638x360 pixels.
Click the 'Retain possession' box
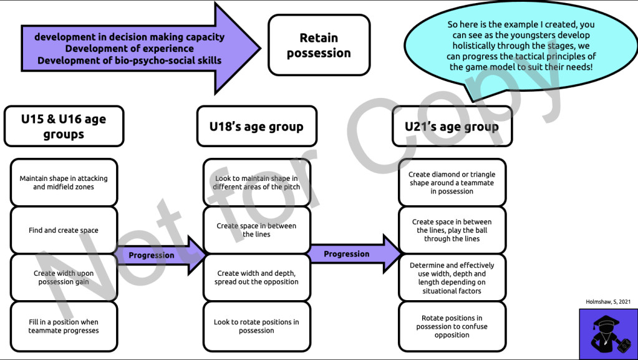[319, 46]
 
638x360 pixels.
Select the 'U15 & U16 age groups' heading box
[64, 127]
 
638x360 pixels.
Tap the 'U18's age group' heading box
[256, 127]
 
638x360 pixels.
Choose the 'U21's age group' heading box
[452, 127]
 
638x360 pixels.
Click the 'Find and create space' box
[64, 230]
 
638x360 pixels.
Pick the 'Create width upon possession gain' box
[64, 278]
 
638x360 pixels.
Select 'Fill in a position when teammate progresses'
[64, 326]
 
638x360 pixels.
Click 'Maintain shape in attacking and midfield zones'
[64, 182]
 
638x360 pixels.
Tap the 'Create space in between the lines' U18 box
[256, 230]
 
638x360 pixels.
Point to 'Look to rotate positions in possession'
[256, 326]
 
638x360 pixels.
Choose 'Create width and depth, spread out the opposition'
[256, 278]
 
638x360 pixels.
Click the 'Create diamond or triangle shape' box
[452, 183]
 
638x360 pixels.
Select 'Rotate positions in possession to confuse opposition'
[452, 326]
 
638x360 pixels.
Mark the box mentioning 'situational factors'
[452, 278]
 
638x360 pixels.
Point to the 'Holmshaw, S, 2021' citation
[608, 301]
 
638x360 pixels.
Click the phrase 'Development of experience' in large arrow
[129, 49]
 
